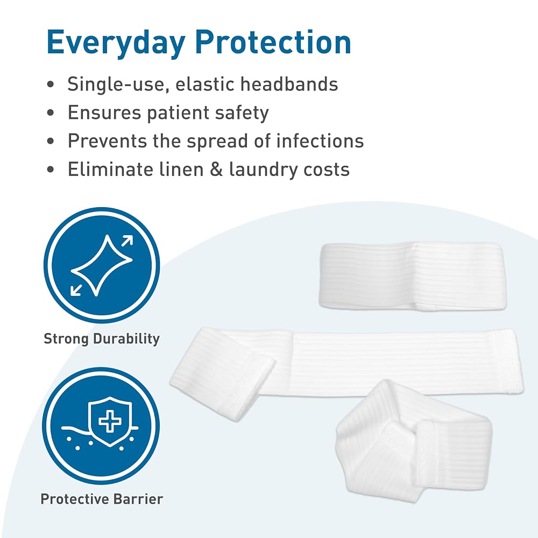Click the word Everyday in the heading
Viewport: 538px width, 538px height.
point(116,43)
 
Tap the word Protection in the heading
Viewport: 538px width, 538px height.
point(273,42)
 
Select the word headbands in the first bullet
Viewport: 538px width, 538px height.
point(289,84)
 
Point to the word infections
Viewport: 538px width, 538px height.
point(320,140)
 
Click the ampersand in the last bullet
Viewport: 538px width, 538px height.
point(216,169)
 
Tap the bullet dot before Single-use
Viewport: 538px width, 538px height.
point(51,84)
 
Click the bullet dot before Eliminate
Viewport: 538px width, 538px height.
point(51,169)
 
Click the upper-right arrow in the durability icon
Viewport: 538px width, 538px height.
point(128,241)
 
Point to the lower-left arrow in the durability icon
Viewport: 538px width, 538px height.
point(76,290)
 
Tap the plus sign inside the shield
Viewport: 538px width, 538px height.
point(110,420)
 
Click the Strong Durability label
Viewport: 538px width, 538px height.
point(102,338)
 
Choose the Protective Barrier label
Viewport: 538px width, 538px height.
point(102,499)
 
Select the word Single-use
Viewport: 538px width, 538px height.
point(118,84)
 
